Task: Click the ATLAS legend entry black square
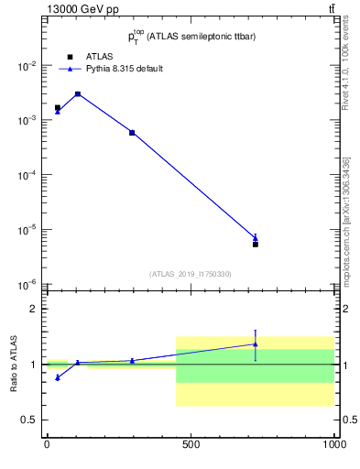(70, 56)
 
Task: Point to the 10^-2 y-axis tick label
(28, 66)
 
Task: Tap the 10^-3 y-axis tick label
(28, 121)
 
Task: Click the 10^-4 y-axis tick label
(28, 175)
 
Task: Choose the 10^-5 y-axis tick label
(28, 230)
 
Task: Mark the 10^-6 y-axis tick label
(28, 285)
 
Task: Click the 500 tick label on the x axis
(191, 446)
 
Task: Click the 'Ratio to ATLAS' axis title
(13, 365)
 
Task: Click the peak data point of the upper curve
(78, 93)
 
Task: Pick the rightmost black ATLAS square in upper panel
(256, 245)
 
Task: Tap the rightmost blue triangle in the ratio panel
(256, 344)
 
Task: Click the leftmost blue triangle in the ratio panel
(58, 377)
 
